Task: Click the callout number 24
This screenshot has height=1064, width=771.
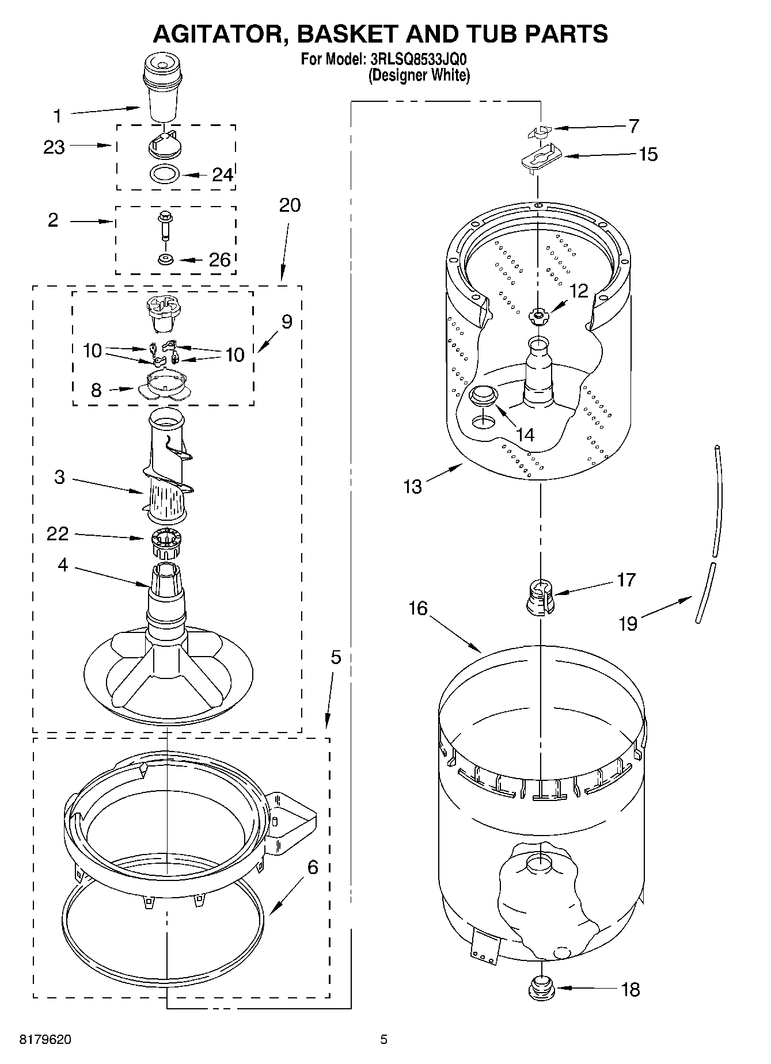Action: [x=223, y=174]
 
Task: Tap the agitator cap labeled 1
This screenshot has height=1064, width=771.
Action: [x=162, y=86]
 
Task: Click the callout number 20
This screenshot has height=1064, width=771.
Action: [x=290, y=205]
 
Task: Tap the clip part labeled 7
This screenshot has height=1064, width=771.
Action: [x=539, y=131]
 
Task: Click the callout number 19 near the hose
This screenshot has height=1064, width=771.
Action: [x=628, y=623]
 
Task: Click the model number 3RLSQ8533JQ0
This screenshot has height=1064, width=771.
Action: [x=418, y=59]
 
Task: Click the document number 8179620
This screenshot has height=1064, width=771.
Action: [x=45, y=1039]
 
